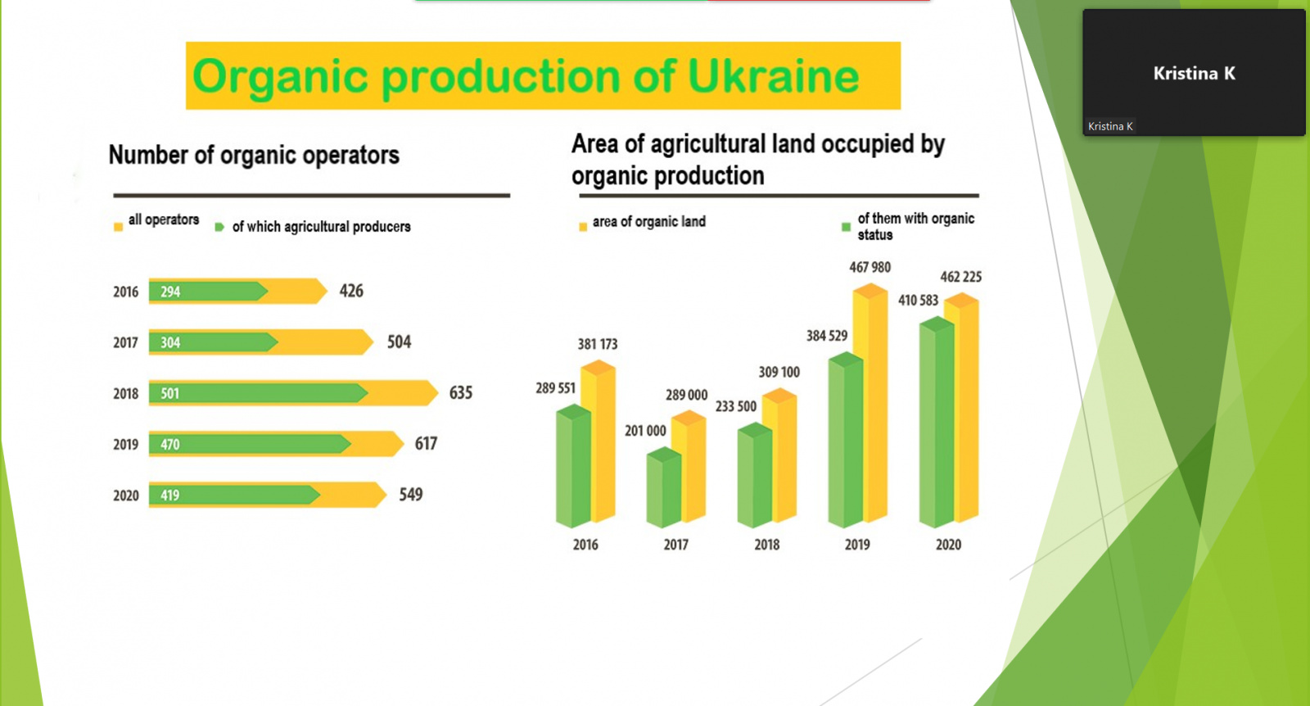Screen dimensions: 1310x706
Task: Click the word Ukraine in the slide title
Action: pyautogui.click(x=772, y=76)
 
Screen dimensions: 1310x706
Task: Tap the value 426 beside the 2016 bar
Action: pyautogui.click(x=351, y=291)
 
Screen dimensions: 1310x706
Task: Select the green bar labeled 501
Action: pyautogui.click(x=259, y=393)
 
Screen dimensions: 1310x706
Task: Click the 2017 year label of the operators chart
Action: pyautogui.click(x=126, y=343)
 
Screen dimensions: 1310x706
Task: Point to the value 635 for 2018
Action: pyautogui.click(x=461, y=392)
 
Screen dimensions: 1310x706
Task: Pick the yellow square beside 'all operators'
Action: pyautogui.click(x=118, y=227)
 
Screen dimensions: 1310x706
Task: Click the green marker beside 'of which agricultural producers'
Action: pyautogui.click(x=219, y=227)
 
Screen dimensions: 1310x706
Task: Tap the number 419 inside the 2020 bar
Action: pyautogui.click(x=170, y=496)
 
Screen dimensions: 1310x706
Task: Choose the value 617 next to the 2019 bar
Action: pyautogui.click(x=427, y=444)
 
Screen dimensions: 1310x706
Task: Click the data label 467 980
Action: pyautogui.click(x=870, y=267)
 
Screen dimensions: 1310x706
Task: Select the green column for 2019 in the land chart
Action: pyautogui.click(x=846, y=440)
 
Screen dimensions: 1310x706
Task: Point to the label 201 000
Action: pyautogui.click(x=645, y=431)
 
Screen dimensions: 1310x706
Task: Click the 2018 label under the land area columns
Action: pyautogui.click(x=766, y=545)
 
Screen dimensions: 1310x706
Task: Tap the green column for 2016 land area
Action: pyautogui.click(x=573, y=466)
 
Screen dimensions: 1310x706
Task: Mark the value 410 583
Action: pyautogui.click(x=918, y=301)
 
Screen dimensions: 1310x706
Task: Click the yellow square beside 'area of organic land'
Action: pyautogui.click(x=583, y=227)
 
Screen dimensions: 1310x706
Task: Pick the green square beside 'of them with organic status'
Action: pyautogui.click(x=846, y=227)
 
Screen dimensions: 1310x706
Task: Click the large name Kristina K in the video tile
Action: pyautogui.click(x=1195, y=74)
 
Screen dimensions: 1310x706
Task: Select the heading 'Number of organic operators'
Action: pyautogui.click(x=254, y=156)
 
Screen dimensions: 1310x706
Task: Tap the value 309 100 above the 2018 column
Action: pyautogui.click(x=779, y=372)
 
